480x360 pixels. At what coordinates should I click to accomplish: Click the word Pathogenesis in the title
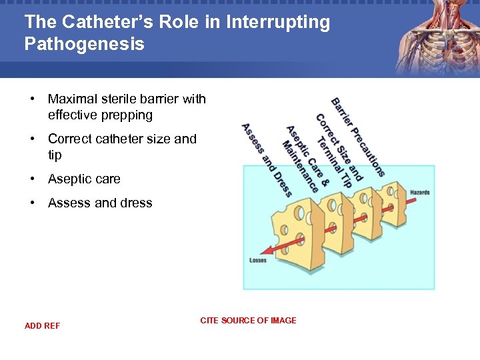(x=84, y=44)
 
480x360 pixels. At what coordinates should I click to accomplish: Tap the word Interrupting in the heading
(x=278, y=22)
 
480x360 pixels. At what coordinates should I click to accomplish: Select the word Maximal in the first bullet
(x=71, y=99)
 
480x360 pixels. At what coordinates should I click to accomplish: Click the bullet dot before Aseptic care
(x=31, y=179)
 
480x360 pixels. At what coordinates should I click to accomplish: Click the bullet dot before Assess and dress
(x=31, y=203)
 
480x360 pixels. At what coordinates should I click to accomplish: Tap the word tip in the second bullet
(x=55, y=155)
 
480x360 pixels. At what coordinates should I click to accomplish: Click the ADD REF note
(x=42, y=326)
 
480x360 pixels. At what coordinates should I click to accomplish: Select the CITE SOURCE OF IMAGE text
(x=248, y=321)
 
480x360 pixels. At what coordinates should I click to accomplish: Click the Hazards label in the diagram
(x=420, y=193)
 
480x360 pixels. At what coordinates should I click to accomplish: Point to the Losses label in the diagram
(x=258, y=261)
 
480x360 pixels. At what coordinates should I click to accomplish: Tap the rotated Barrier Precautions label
(x=358, y=137)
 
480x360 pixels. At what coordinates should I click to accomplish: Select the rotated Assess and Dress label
(x=266, y=160)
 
